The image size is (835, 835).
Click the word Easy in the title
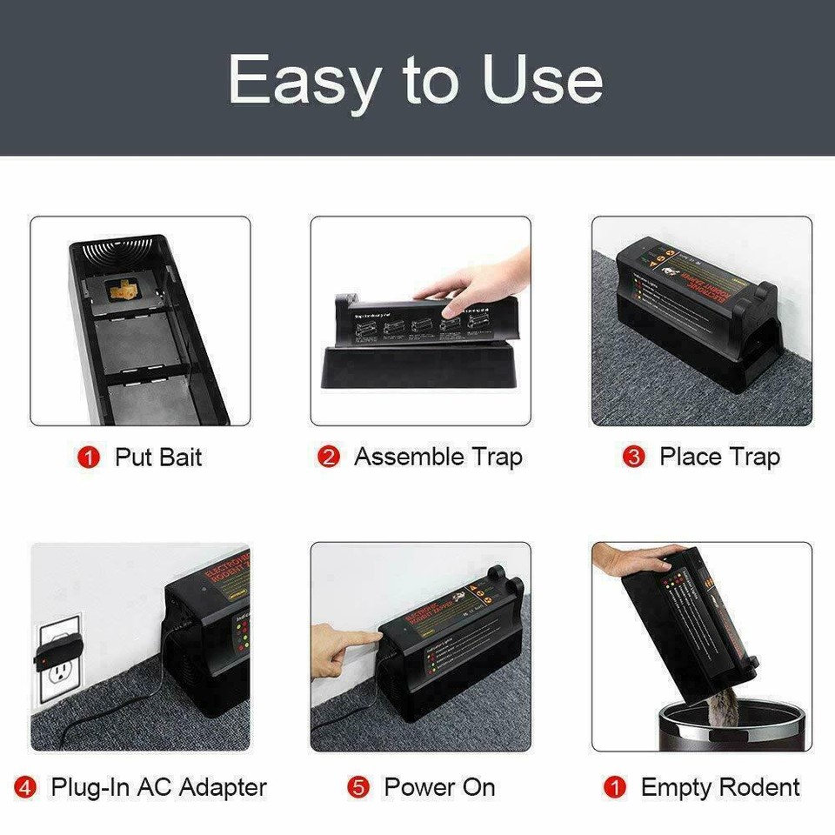coord(306,80)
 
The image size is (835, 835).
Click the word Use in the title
coord(543,80)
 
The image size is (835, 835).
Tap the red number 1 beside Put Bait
coord(89,458)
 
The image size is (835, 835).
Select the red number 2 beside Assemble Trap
coord(329,458)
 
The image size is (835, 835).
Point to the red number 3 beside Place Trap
coord(634,458)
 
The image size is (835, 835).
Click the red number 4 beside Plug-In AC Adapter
coord(26,788)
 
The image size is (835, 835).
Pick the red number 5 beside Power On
coord(358,788)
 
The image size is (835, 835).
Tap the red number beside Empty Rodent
coord(615,788)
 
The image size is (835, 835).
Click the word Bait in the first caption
coord(181,458)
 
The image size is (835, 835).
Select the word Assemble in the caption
coord(409,458)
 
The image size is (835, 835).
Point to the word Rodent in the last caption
coord(755,788)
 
